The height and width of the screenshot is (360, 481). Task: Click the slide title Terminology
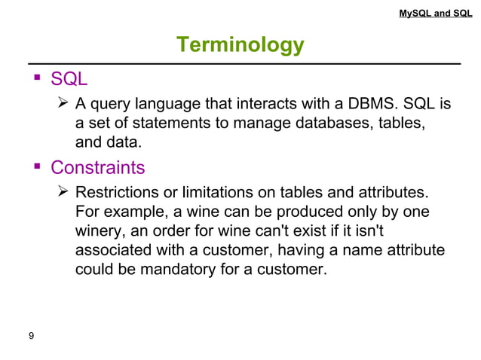coord(240,45)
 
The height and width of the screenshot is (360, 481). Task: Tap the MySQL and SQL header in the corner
coord(436,13)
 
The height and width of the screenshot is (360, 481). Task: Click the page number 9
coord(31,336)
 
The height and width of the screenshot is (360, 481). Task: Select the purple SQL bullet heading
coord(69,79)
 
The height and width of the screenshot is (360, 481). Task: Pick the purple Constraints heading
coord(97,166)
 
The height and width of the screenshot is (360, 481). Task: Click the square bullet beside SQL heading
coord(35,79)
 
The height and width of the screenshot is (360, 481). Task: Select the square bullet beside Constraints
coord(35,166)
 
